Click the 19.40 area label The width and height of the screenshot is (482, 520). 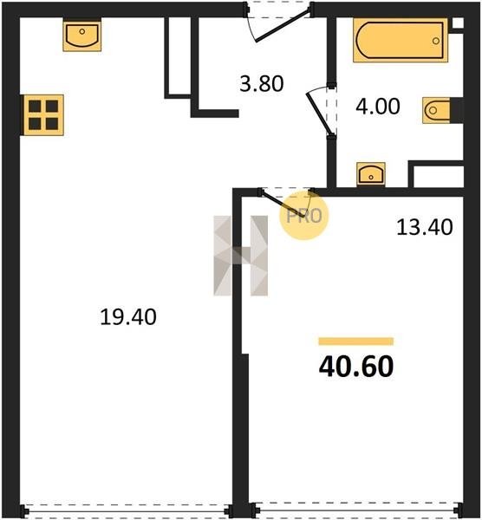[128, 316]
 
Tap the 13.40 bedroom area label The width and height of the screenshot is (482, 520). [425, 227]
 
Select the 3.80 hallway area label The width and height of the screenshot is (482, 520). [262, 83]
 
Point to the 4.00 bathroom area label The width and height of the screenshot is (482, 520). [378, 107]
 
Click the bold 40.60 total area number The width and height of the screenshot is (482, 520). [356, 367]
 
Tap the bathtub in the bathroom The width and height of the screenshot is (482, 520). [401, 40]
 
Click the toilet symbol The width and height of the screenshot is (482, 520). [436, 110]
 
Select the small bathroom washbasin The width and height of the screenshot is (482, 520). [371, 174]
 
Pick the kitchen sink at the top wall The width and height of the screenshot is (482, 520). [82, 34]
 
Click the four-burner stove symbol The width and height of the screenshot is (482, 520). [43, 115]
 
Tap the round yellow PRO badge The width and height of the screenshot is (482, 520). [303, 216]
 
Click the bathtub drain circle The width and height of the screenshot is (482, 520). [436, 41]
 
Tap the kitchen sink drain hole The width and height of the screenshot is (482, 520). [82, 31]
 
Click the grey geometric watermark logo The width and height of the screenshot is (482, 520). [240, 256]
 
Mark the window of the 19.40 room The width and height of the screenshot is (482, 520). [127, 511]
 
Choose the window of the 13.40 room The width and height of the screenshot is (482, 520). [356, 511]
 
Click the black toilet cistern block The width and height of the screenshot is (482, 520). [457, 110]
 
